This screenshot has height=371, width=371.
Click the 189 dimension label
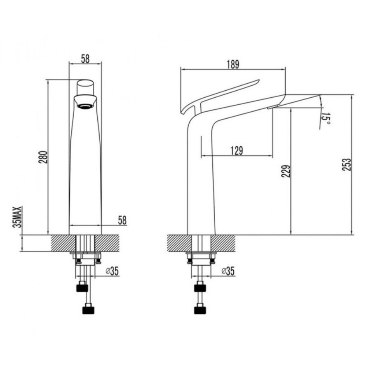point(233,64)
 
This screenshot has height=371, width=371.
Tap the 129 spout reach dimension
point(237,150)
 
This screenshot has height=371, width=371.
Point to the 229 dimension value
point(286,171)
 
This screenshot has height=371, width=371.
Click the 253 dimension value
point(347,164)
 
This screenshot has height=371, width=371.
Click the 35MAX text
point(17,216)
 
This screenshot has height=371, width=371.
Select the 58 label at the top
point(85,59)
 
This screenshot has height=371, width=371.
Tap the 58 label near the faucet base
point(122,220)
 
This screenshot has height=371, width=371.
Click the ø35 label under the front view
point(112,271)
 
